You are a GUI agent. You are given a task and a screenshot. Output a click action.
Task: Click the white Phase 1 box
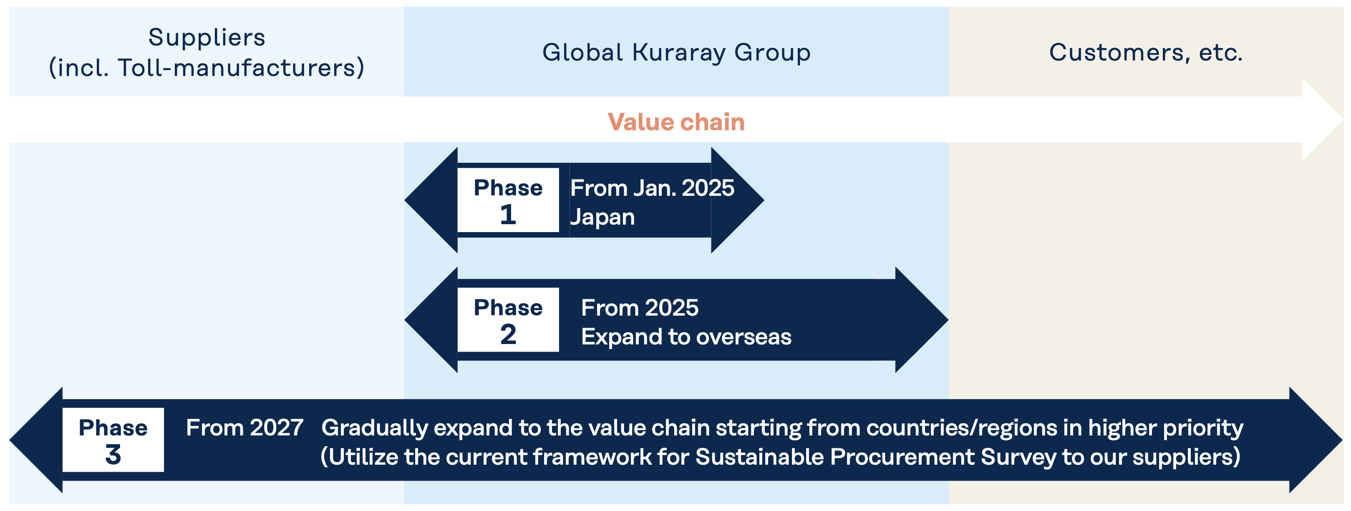(508, 200)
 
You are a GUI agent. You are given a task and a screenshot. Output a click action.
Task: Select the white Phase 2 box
(508, 319)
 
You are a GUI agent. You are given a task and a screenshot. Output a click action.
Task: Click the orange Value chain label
(676, 122)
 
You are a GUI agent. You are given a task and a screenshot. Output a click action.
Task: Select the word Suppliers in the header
(207, 37)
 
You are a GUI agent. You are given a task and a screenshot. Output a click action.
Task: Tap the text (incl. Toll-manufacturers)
(207, 68)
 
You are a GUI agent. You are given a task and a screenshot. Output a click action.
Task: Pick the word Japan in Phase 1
(602, 217)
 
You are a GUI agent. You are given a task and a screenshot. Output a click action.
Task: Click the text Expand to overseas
(686, 337)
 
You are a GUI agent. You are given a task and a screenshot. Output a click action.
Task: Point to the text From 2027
(244, 428)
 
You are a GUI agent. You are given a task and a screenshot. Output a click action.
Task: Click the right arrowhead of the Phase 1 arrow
(737, 200)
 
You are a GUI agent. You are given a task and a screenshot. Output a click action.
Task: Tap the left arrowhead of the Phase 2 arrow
(431, 319)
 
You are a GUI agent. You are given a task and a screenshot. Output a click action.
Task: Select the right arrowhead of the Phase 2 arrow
(922, 319)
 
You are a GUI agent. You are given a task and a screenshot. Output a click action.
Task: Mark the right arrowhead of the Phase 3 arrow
(1316, 440)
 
